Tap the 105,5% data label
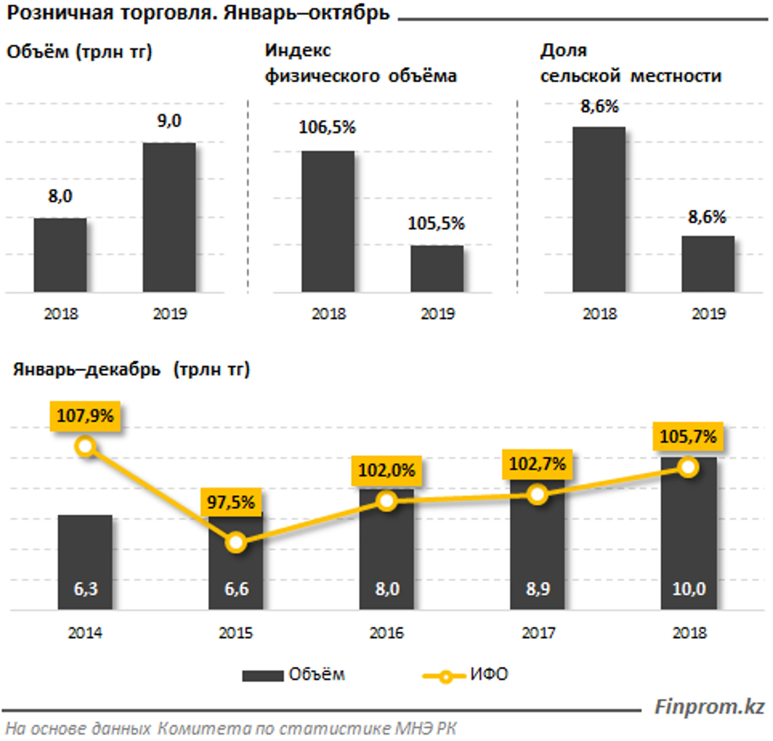(x=436, y=224)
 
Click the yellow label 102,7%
(x=537, y=464)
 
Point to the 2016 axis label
(x=386, y=633)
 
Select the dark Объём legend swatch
(x=263, y=676)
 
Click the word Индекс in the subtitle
(x=298, y=51)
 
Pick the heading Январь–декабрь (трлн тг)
(x=131, y=370)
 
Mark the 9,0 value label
(x=169, y=121)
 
